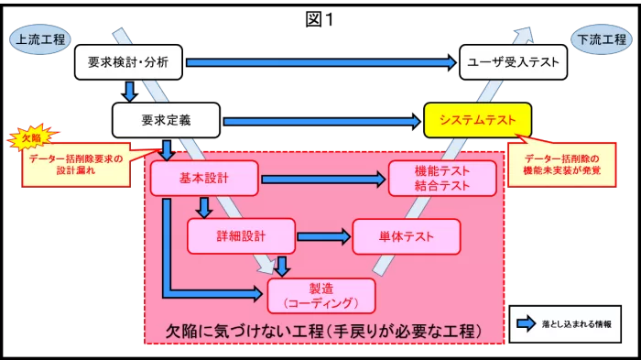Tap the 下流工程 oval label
[x=600, y=40]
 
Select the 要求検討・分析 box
[x=129, y=62]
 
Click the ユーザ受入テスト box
[x=512, y=62]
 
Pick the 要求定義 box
[x=166, y=119]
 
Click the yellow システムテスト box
[x=477, y=120]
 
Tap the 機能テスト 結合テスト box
[x=442, y=178]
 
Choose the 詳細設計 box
[x=241, y=235]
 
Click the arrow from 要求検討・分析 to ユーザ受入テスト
[x=320, y=62]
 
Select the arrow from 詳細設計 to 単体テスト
[x=323, y=236]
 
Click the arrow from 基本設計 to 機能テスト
[x=323, y=179]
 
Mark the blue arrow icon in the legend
[x=526, y=322]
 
